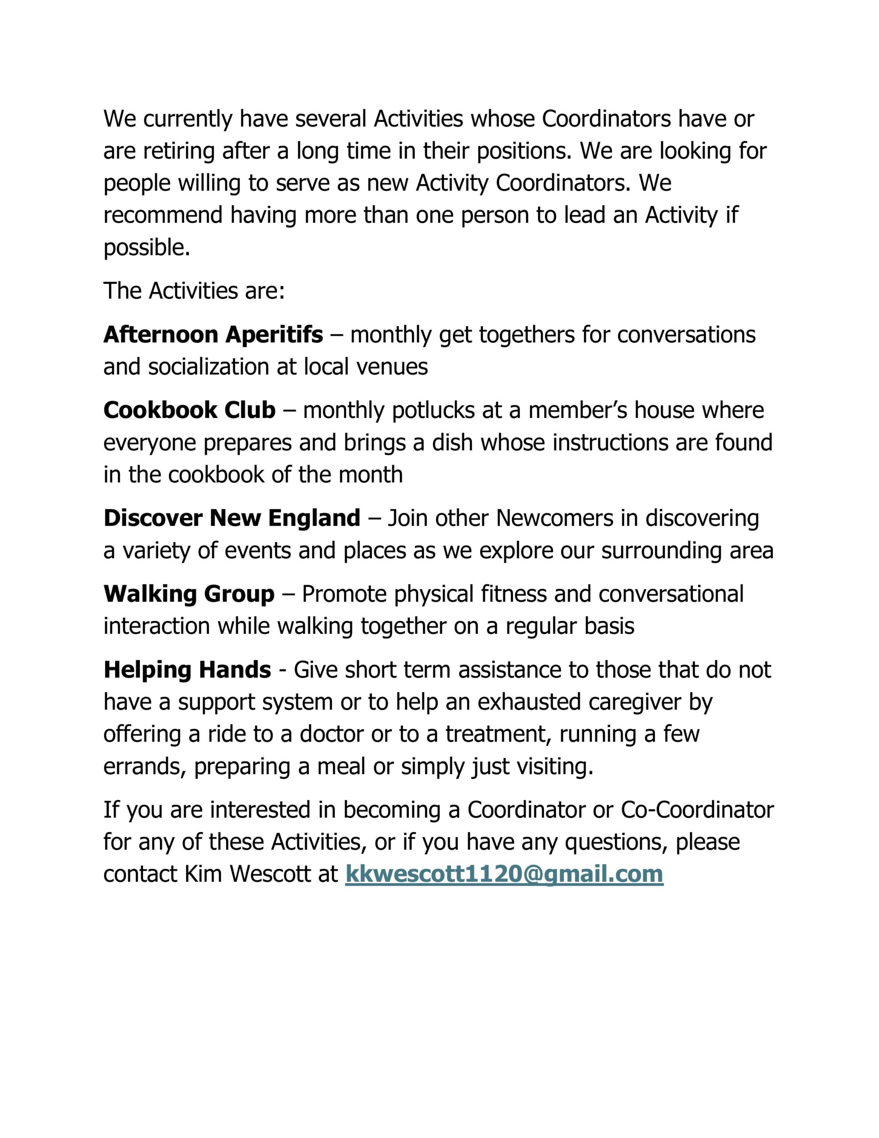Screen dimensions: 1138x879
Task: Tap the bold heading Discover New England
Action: click(x=232, y=518)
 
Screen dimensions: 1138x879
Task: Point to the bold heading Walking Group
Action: click(x=188, y=594)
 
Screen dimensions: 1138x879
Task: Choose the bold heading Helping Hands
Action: click(x=187, y=669)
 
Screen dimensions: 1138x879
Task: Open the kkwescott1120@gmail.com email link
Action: click(x=504, y=874)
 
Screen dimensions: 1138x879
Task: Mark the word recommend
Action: click(x=163, y=215)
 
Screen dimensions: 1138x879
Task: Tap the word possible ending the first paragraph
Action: click(x=146, y=248)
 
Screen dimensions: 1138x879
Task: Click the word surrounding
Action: click(x=658, y=550)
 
